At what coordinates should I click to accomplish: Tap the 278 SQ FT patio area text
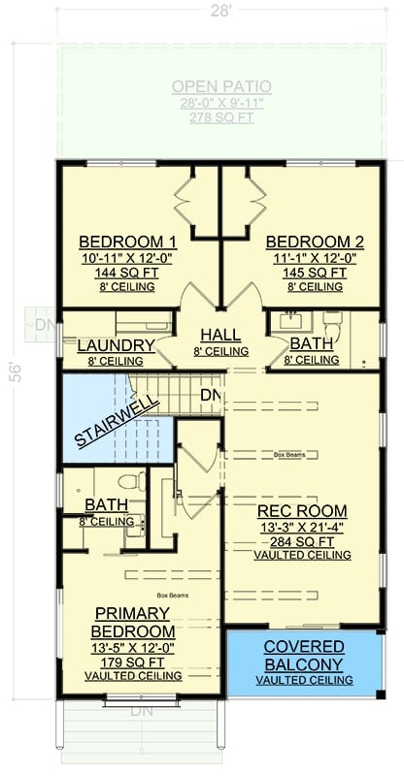click(x=221, y=116)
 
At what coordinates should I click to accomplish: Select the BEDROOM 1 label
click(x=127, y=242)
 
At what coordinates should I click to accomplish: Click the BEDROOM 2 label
click(x=315, y=242)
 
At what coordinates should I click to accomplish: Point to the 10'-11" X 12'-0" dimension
click(x=127, y=258)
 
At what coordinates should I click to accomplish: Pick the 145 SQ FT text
click(x=315, y=274)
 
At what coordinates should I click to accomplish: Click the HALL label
click(x=221, y=336)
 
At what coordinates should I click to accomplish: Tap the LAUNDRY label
click(x=116, y=345)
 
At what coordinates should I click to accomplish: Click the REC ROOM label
click(x=301, y=510)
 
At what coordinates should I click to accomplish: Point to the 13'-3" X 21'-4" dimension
click(x=301, y=527)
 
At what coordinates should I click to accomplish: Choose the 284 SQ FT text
click(x=301, y=541)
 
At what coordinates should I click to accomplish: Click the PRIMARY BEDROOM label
click(x=133, y=623)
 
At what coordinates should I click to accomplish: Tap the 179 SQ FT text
click(x=133, y=662)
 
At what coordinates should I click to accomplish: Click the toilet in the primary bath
click(x=125, y=482)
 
